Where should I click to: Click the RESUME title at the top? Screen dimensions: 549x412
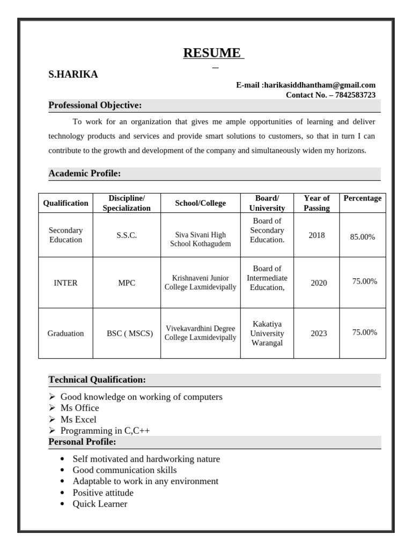pyautogui.click(x=213, y=53)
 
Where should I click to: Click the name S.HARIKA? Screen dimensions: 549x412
pyautogui.click(x=73, y=75)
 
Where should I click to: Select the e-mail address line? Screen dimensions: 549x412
pyautogui.click(x=306, y=85)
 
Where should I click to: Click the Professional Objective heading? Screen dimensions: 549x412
pyautogui.click(x=95, y=105)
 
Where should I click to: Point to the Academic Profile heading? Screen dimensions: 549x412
pyautogui.click(x=85, y=173)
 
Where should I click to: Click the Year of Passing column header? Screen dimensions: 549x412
pyautogui.click(x=317, y=203)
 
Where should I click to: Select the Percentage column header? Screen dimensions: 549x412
pyautogui.click(x=363, y=198)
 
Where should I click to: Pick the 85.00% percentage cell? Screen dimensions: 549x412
pyautogui.click(x=363, y=236)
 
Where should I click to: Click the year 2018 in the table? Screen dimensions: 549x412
pyautogui.click(x=317, y=235)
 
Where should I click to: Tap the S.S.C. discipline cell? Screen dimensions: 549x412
pyautogui.click(x=127, y=235)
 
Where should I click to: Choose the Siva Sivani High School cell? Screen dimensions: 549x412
pyautogui.click(x=200, y=239)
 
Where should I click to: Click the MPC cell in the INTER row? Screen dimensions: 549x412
pyautogui.click(x=127, y=283)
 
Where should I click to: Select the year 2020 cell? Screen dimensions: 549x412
pyautogui.click(x=319, y=283)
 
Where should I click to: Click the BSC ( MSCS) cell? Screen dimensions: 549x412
pyautogui.click(x=130, y=333)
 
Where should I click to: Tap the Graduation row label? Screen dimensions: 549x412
pyautogui.click(x=65, y=333)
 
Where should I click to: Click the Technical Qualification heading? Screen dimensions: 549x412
pyautogui.click(x=97, y=380)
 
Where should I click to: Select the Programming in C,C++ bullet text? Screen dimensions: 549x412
pyautogui.click(x=105, y=431)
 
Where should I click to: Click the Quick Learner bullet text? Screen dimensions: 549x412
pyautogui.click(x=100, y=504)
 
